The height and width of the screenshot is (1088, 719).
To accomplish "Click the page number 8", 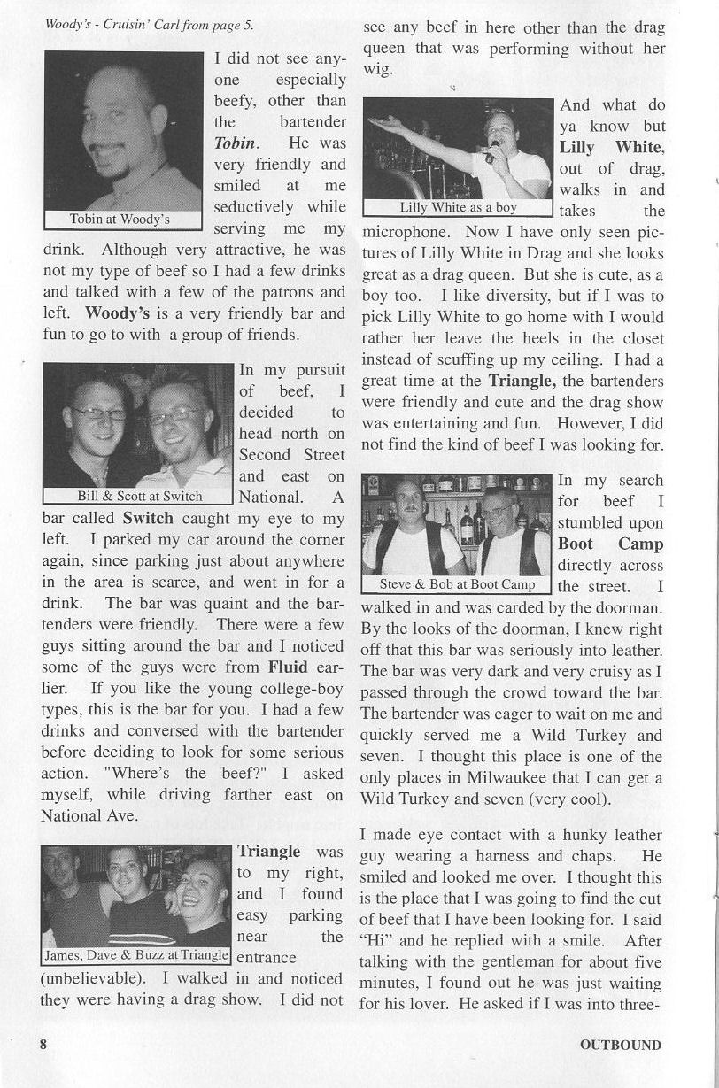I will (43, 1044).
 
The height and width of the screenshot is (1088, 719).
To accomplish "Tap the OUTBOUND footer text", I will (620, 1045).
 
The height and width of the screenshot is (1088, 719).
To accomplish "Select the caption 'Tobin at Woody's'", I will (120, 219).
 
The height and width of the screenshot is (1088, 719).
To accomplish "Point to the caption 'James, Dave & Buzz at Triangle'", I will (136, 955).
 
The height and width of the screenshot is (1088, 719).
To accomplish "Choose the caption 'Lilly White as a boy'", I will (458, 208).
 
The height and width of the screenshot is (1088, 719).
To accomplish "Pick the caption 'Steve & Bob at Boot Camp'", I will (457, 584).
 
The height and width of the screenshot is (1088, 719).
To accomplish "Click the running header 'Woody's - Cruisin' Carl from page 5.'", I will (149, 24).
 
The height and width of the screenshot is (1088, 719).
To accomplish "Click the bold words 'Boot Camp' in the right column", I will (610, 544).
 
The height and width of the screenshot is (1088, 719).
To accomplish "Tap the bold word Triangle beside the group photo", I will (268, 852).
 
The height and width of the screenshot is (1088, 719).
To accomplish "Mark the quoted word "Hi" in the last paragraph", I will (374, 940).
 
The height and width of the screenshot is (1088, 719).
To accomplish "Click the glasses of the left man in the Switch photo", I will (97, 413).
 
